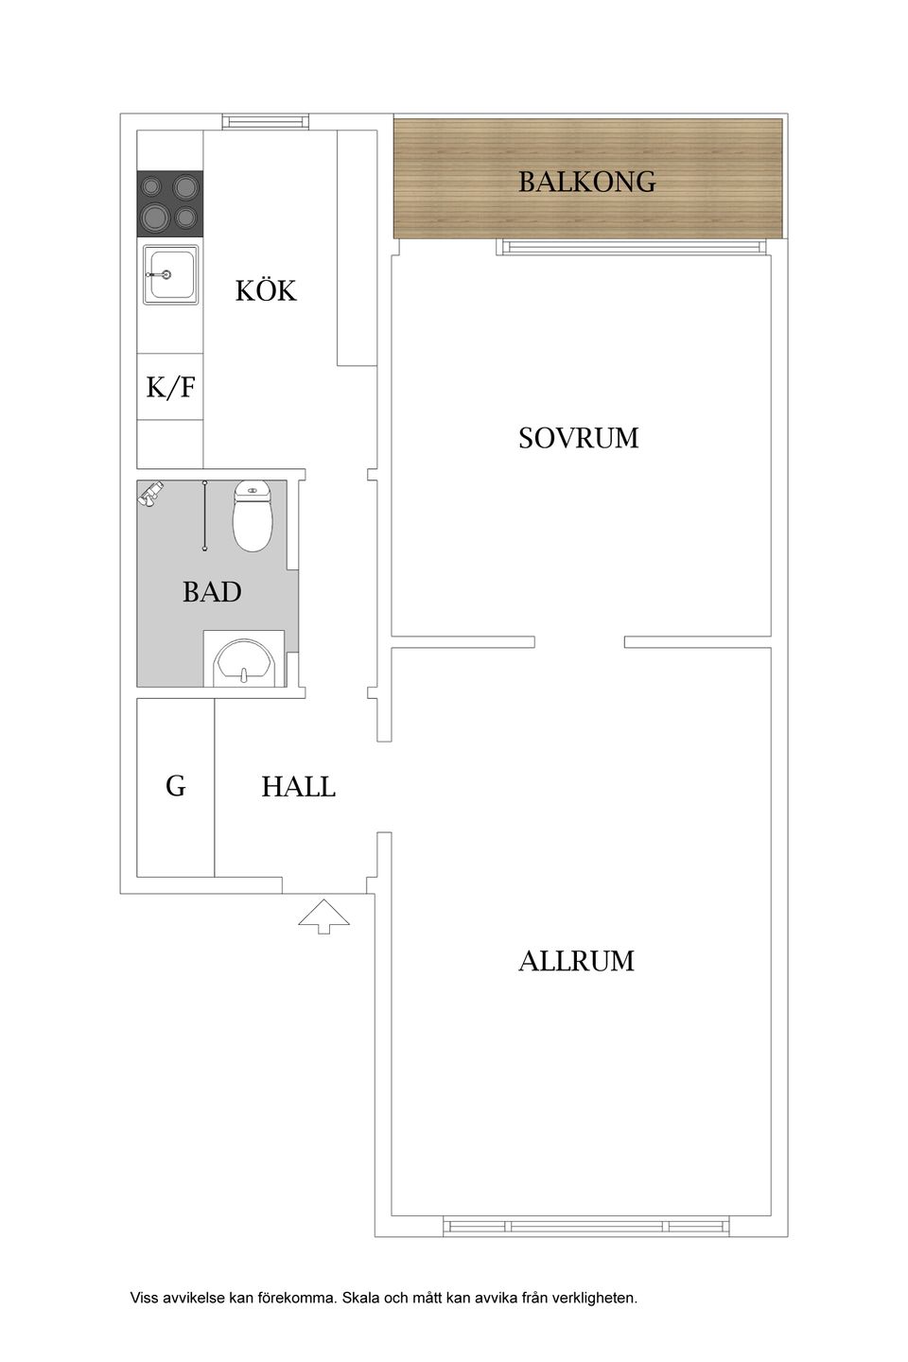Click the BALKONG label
(x=586, y=181)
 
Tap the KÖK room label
(x=266, y=290)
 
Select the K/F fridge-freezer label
(x=171, y=387)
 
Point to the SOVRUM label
(x=578, y=438)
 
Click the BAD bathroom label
(x=212, y=592)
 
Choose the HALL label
(x=298, y=787)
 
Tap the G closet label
(x=176, y=786)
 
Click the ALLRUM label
(x=576, y=961)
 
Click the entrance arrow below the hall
(x=324, y=916)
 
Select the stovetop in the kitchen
(x=170, y=203)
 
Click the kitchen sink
(x=170, y=274)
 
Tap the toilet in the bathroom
(x=253, y=516)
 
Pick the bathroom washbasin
(x=244, y=662)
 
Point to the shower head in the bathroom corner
(x=151, y=494)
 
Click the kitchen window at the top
(x=265, y=121)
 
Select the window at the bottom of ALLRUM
(x=586, y=1227)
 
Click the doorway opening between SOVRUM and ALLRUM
(x=579, y=642)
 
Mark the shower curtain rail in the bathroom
(x=204, y=515)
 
